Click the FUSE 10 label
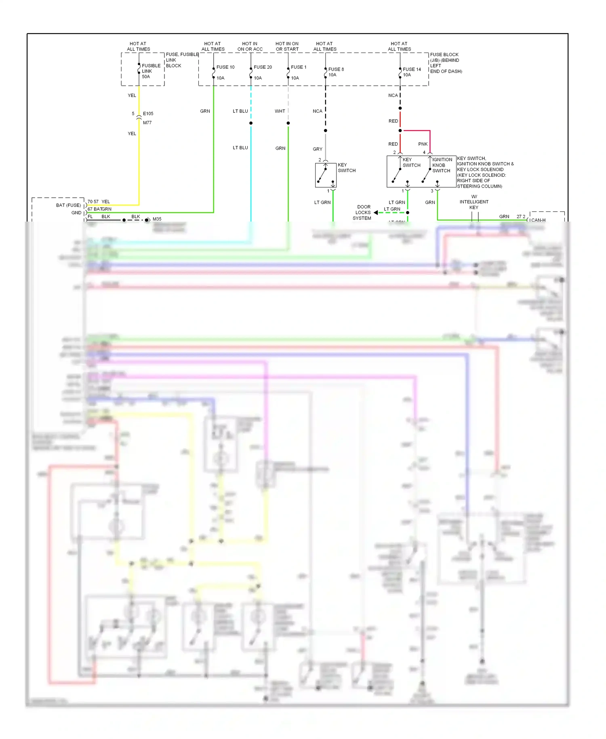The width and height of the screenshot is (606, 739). [225, 67]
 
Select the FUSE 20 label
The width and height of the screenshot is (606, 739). [263, 67]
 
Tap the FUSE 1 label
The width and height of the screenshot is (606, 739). [299, 67]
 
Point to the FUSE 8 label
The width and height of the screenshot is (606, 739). [336, 69]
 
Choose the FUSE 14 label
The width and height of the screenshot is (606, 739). [412, 69]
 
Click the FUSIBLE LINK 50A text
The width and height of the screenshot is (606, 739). [151, 71]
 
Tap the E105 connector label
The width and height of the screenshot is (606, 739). [148, 114]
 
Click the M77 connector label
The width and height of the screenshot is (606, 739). [147, 122]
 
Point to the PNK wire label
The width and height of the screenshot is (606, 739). [423, 144]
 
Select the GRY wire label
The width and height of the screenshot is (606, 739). [317, 149]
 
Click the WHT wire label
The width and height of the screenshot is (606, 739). [280, 111]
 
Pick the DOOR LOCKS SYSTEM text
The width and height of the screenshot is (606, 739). [362, 212]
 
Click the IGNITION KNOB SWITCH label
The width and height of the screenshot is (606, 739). [442, 165]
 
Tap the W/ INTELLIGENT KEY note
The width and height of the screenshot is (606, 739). [474, 202]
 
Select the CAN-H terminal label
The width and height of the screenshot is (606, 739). [538, 220]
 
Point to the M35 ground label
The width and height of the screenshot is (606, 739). [157, 219]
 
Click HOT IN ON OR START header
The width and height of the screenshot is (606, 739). [287, 46]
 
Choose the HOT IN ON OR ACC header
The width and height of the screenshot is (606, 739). [250, 46]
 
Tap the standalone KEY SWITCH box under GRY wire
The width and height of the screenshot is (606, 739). [326, 175]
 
